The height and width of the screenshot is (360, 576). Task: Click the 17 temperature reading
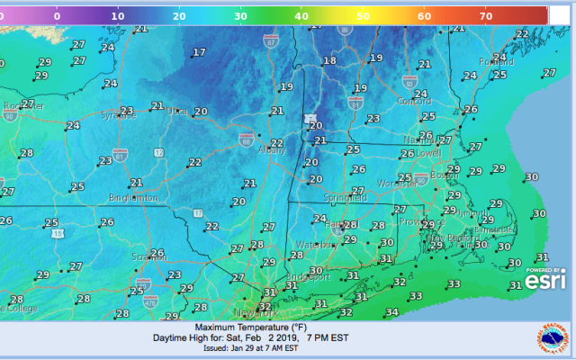point(198,53)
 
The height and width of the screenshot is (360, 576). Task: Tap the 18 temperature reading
point(328,60)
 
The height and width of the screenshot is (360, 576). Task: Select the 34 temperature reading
point(391,312)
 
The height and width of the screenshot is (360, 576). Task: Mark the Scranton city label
point(150,256)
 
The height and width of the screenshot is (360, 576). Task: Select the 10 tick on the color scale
point(117,15)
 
